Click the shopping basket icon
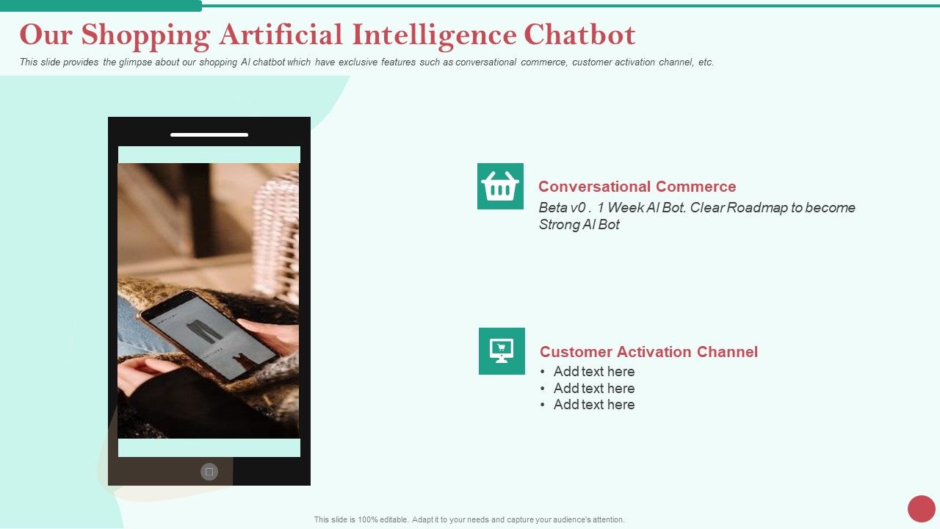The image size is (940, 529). point(500,187)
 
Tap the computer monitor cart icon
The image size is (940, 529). point(502,351)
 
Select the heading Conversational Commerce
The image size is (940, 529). point(637,187)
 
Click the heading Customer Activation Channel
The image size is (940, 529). point(648,352)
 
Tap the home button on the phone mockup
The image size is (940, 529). point(209,472)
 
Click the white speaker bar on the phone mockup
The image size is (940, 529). point(209,135)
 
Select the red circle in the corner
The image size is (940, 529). point(921,508)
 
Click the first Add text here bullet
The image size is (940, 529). point(593,372)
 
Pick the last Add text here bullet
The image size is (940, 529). point(593,405)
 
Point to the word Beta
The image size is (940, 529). point(552,208)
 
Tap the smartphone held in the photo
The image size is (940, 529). point(198,334)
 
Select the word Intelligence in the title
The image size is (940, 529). point(433,35)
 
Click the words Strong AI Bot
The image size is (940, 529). point(579,225)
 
